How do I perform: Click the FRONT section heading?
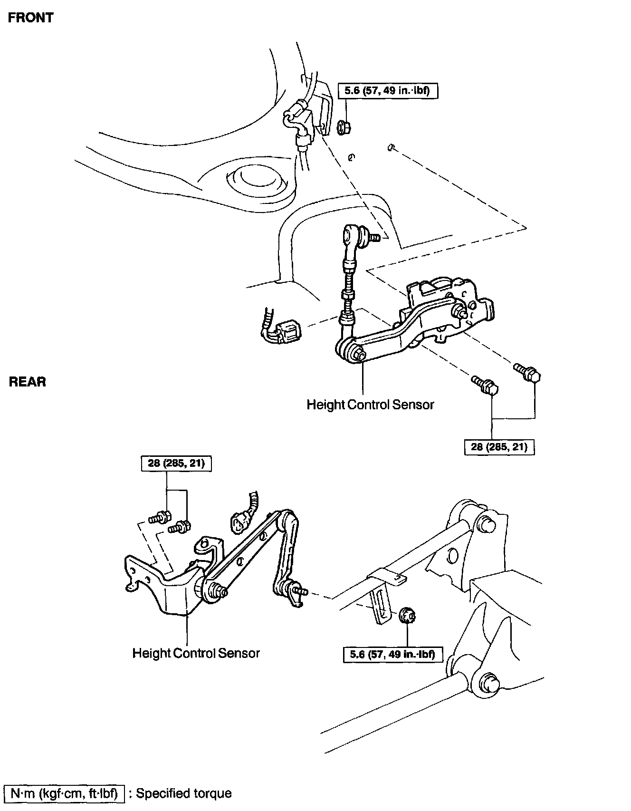click(x=31, y=18)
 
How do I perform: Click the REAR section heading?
click(x=28, y=382)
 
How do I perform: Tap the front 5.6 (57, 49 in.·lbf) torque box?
click(x=388, y=90)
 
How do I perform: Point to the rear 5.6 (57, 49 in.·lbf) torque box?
click(x=392, y=654)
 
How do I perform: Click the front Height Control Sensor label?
click(x=370, y=405)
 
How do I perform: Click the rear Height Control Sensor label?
click(x=196, y=653)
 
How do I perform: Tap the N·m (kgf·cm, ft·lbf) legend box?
click(x=64, y=793)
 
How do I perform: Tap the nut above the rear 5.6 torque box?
click(x=407, y=616)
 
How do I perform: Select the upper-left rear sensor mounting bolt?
click(x=160, y=517)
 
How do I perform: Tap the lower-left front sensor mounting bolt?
click(x=485, y=385)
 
